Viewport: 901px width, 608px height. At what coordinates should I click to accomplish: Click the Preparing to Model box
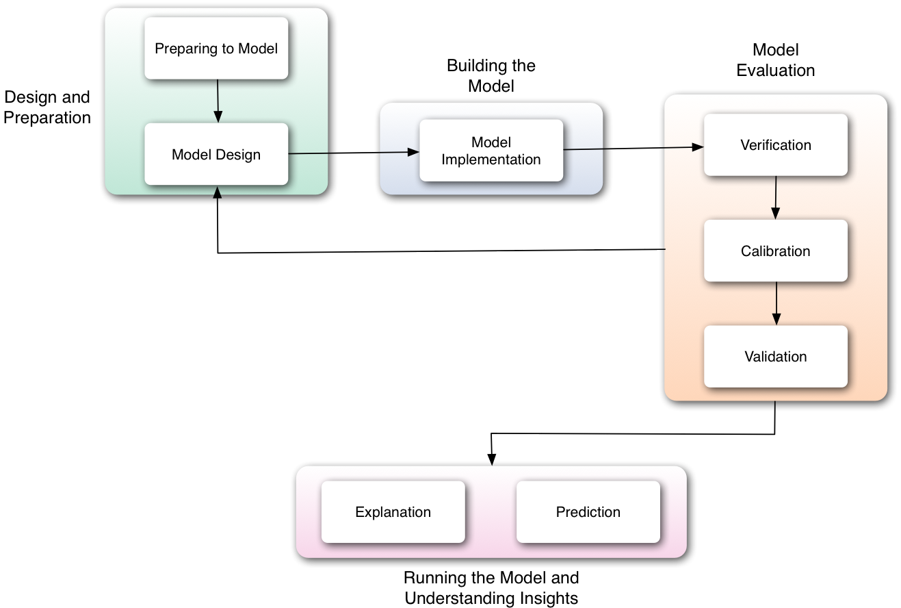(x=216, y=49)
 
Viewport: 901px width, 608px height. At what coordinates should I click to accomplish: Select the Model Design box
(x=216, y=154)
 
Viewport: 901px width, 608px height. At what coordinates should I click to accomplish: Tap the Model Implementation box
(x=491, y=151)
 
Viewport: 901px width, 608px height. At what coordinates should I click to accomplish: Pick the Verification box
(x=776, y=145)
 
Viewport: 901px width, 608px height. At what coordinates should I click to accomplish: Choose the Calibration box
(x=776, y=251)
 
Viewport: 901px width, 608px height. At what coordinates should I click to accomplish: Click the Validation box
(x=776, y=357)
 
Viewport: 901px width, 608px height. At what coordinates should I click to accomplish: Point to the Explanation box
(x=393, y=512)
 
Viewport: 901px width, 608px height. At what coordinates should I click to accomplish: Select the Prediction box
(x=588, y=512)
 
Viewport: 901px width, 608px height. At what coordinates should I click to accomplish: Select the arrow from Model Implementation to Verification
(x=634, y=148)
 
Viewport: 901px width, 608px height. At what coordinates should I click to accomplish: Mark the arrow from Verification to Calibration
(x=775, y=197)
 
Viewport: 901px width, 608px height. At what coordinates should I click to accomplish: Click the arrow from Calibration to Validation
(x=776, y=303)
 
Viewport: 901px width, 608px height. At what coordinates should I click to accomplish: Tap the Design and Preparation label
(x=47, y=107)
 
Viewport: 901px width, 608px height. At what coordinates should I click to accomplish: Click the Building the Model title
(x=491, y=76)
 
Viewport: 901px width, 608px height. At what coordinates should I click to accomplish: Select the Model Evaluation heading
(x=776, y=60)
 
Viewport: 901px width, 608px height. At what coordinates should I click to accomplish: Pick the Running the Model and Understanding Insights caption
(x=491, y=587)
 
